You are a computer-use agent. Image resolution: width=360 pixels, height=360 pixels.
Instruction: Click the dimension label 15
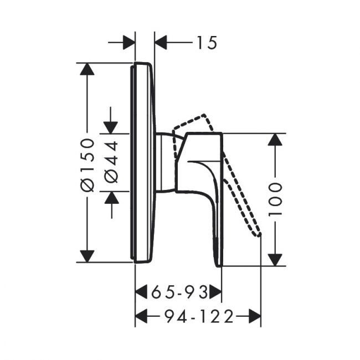tap(207, 43)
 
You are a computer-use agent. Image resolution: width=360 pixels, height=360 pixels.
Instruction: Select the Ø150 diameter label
tap(88, 165)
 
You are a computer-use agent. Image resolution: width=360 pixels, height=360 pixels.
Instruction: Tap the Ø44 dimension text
tap(111, 162)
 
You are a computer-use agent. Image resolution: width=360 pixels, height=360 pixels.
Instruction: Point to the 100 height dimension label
tap(275, 199)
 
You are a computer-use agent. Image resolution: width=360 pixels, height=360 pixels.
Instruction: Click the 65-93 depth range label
tap(179, 292)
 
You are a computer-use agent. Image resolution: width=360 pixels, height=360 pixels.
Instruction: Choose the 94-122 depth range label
tap(199, 316)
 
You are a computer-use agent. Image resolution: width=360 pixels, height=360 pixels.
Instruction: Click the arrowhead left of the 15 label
tap(128, 43)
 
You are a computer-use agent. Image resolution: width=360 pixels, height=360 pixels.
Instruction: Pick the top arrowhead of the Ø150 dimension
tap(87, 69)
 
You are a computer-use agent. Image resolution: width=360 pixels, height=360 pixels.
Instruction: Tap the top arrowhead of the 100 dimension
tap(275, 139)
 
